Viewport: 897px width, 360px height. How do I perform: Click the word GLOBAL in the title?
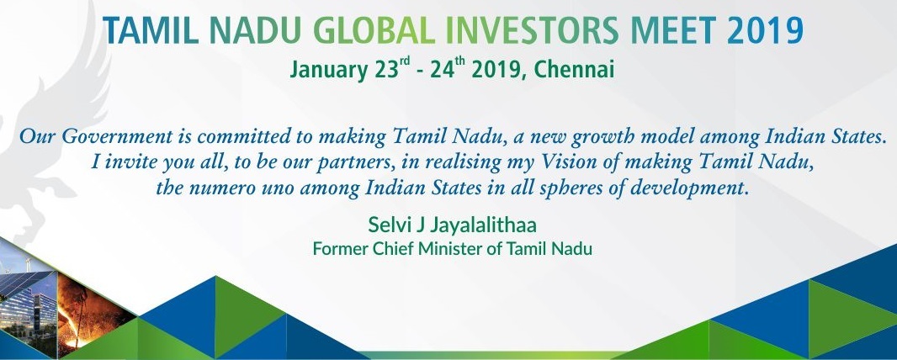pyautogui.click(x=374, y=31)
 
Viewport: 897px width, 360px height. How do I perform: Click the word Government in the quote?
pyautogui.click(x=117, y=136)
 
